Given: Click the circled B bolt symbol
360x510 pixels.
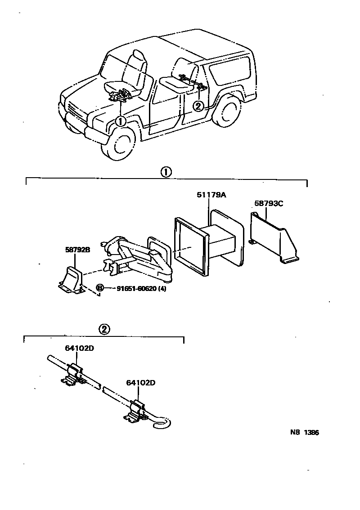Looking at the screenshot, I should coord(100,288).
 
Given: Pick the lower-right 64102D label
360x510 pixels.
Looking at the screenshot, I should coord(141,383).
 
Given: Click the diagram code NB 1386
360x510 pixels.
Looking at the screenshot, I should coord(305,433).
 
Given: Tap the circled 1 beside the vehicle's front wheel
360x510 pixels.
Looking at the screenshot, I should coord(120,121).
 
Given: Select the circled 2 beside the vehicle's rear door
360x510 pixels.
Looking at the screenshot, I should coord(198,106).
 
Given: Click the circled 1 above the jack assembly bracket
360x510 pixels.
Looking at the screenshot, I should coord(166,172).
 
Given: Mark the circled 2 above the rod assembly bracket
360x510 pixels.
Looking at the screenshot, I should coord(103,329).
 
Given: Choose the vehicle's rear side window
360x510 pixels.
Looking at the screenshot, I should coord(230,71).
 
